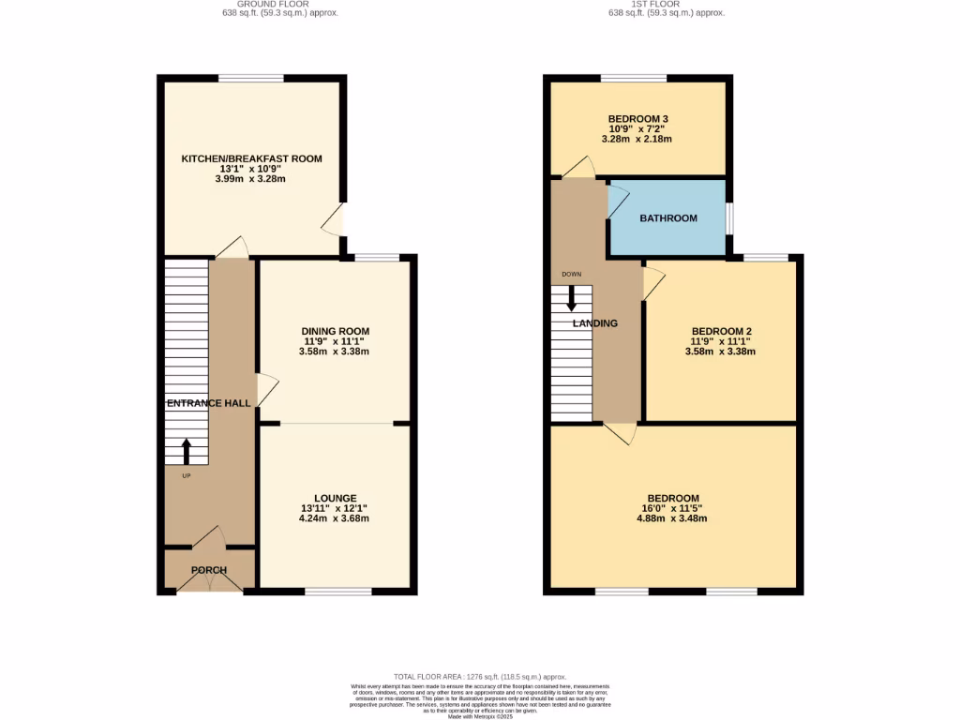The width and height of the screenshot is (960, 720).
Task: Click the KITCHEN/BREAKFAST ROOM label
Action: click(251, 158)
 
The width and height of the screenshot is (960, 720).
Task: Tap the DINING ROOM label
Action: click(335, 331)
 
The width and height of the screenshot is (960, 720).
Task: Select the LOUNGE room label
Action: click(335, 498)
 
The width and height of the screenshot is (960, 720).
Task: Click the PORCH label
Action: click(209, 570)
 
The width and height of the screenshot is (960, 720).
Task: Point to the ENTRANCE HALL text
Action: click(208, 403)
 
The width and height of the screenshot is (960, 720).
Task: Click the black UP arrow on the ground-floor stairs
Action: click(186, 451)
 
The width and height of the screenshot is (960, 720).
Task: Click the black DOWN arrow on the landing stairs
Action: click(572, 298)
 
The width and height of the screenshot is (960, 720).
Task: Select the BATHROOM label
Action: click(668, 218)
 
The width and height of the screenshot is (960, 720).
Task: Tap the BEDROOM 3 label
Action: click(637, 118)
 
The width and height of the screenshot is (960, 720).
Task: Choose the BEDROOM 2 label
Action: click(722, 331)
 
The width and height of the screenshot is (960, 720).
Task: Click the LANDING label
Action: click(595, 323)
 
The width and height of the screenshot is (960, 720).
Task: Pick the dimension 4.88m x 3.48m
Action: click(672, 518)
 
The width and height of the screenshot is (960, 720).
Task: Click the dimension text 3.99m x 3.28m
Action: click(251, 179)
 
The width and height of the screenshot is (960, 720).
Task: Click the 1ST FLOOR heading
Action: click(667, 5)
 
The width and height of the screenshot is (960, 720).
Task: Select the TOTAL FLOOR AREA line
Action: click(479, 677)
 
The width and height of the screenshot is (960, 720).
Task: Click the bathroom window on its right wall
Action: click(729, 217)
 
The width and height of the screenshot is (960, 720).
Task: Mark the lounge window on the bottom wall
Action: click(337, 592)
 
